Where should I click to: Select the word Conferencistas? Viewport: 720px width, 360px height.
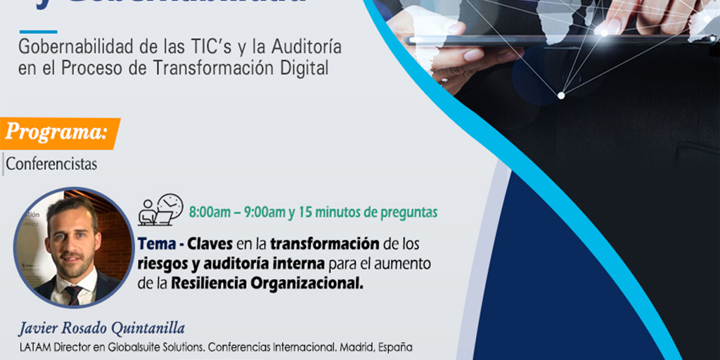tap(51, 165)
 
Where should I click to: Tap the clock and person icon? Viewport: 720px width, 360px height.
tap(161, 210)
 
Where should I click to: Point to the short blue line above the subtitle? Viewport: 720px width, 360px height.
tap(38, 32)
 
